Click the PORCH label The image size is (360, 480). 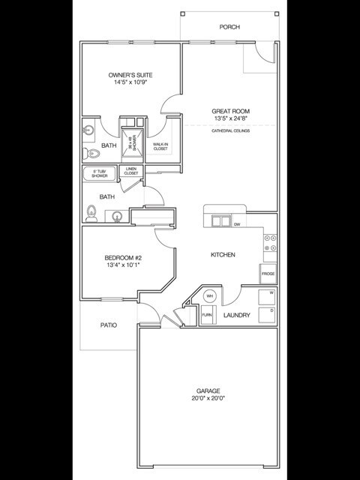tap(229, 27)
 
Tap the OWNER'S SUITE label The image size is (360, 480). tap(131, 76)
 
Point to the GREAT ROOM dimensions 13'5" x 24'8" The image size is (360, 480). tap(231, 118)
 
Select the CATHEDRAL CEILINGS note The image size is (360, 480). tap(231, 131)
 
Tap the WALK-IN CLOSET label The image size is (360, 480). tap(161, 146)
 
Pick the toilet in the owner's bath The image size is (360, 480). tap(92, 153)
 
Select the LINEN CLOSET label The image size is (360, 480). tap(131, 172)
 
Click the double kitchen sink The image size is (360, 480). tap(220, 220)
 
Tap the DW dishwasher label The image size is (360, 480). tap(237, 224)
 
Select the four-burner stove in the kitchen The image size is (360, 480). tap(271, 244)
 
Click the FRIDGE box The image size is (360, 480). tap(268, 274)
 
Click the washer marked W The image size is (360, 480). tap(268, 295)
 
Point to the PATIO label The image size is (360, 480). tap(108, 325)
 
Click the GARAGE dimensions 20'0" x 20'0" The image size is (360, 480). tap(208, 398)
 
